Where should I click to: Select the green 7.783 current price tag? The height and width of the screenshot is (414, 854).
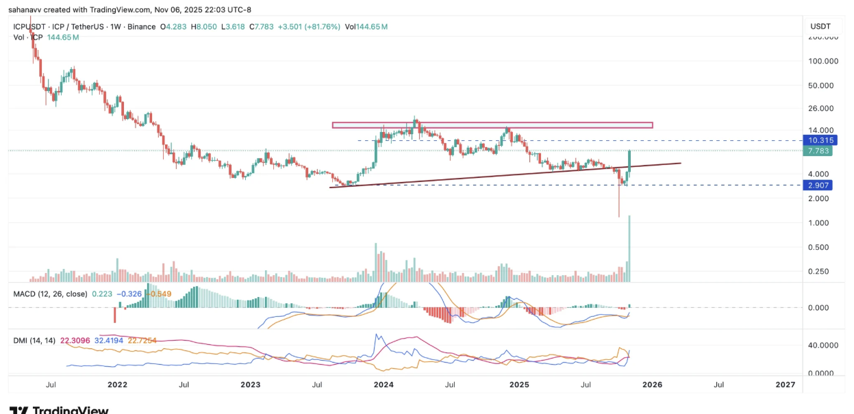[818, 151]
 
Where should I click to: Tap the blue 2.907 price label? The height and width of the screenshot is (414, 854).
[818, 185]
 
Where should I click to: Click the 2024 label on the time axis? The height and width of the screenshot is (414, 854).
[384, 385]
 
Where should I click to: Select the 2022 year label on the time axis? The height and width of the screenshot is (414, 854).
[117, 385]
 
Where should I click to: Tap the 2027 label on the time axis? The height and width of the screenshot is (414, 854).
[785, 385]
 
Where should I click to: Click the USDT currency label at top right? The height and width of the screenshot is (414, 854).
[820, 26]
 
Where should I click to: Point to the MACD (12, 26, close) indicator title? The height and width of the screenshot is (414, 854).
[50, 294]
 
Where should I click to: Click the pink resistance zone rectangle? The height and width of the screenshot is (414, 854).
[492, 125]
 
